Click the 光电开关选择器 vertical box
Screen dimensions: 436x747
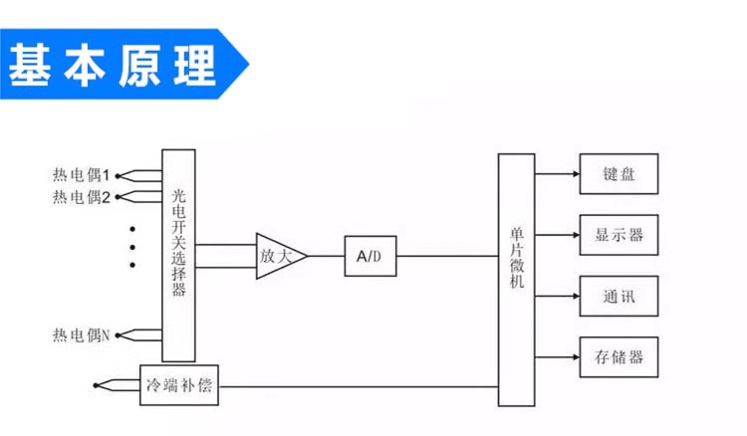pyautogui.click(x=178, y=256)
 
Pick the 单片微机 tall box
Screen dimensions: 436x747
pyautogui.click(x=516, y=280)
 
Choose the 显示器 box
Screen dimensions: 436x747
pyautogui.click(x=619, y=235)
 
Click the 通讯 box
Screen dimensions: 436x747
pyautogui.click(x=619, y=297)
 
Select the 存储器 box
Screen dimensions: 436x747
pyautogui.click(x=619, y=356)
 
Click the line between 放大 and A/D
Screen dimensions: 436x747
pyautogui.click(x=326, y=256)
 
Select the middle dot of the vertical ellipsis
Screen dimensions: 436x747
pyautogui.click(x=132, y=247)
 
